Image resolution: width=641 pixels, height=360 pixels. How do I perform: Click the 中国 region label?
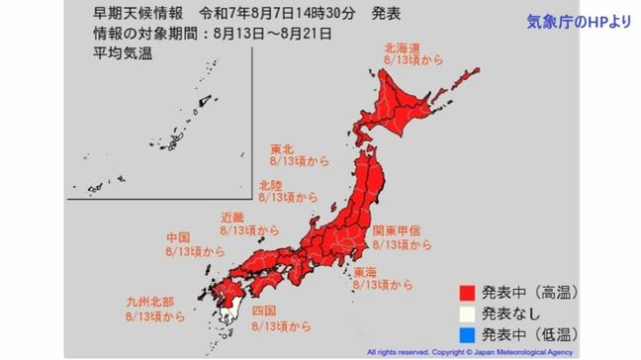(179, 238)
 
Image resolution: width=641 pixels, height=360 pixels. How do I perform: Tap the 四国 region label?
(264, 311)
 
